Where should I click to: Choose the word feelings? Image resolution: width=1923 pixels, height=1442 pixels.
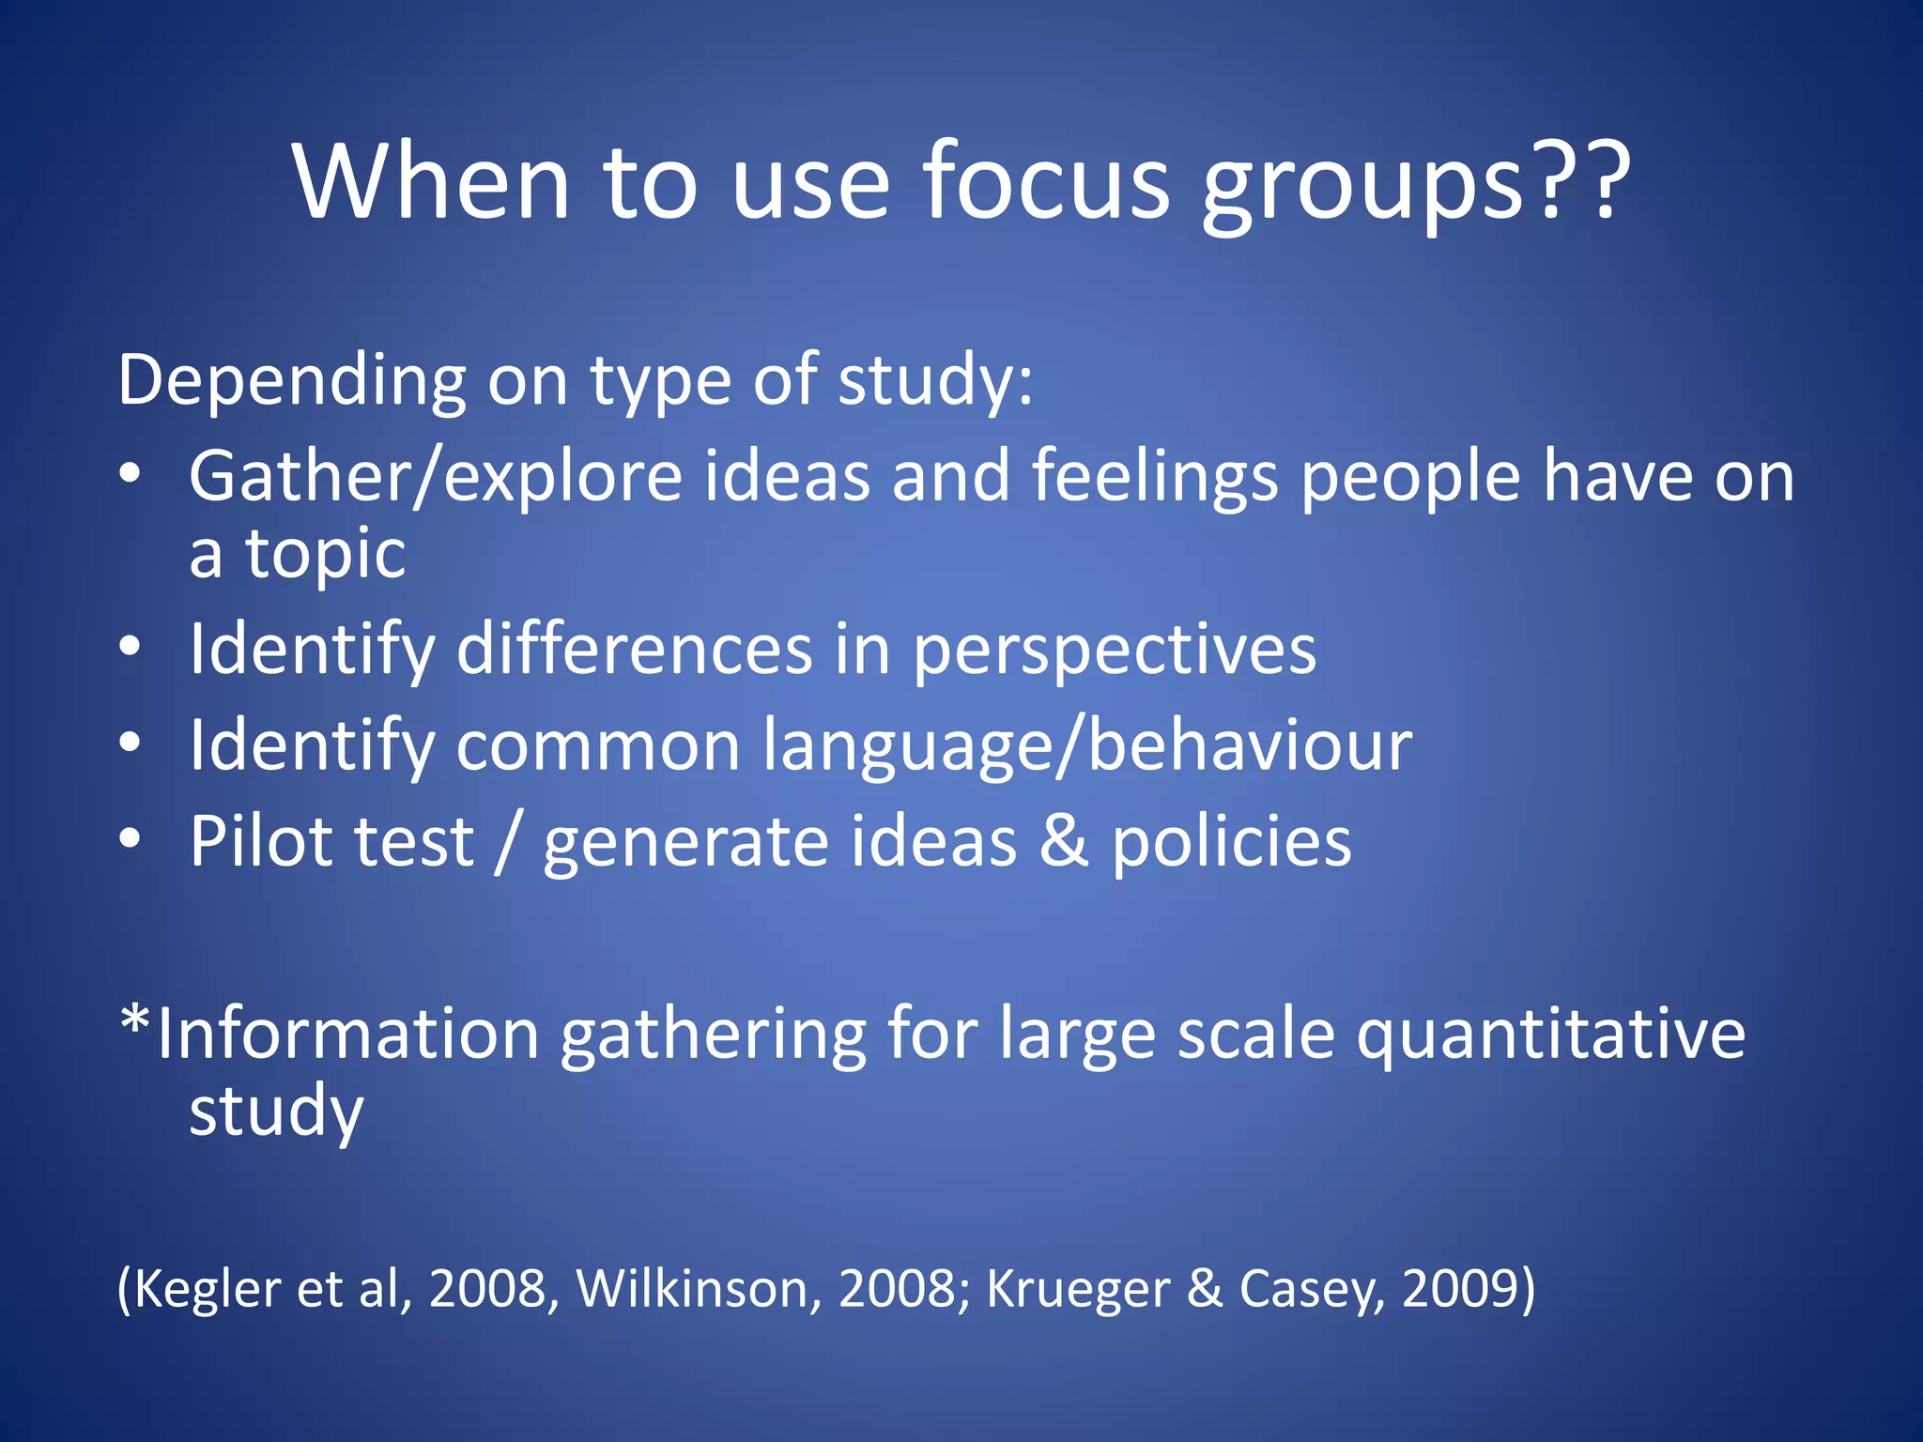click(x=1155, y=477)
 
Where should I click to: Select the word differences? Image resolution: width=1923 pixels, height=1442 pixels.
click(x=634, y=650)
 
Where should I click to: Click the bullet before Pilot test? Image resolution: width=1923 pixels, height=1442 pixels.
click(x=131, y=838)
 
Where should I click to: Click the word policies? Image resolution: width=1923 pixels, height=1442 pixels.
click(x=1231, y=842)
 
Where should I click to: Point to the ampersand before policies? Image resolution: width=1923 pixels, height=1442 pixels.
click(x=1064, y=840)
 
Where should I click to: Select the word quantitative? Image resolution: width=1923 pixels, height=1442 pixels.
click(x=1550, y=1036)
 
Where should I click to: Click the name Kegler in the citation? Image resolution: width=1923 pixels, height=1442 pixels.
click(x=208, y=1289)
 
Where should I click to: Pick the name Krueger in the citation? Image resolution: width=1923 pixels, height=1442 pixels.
click(x=1077, y=1289)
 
